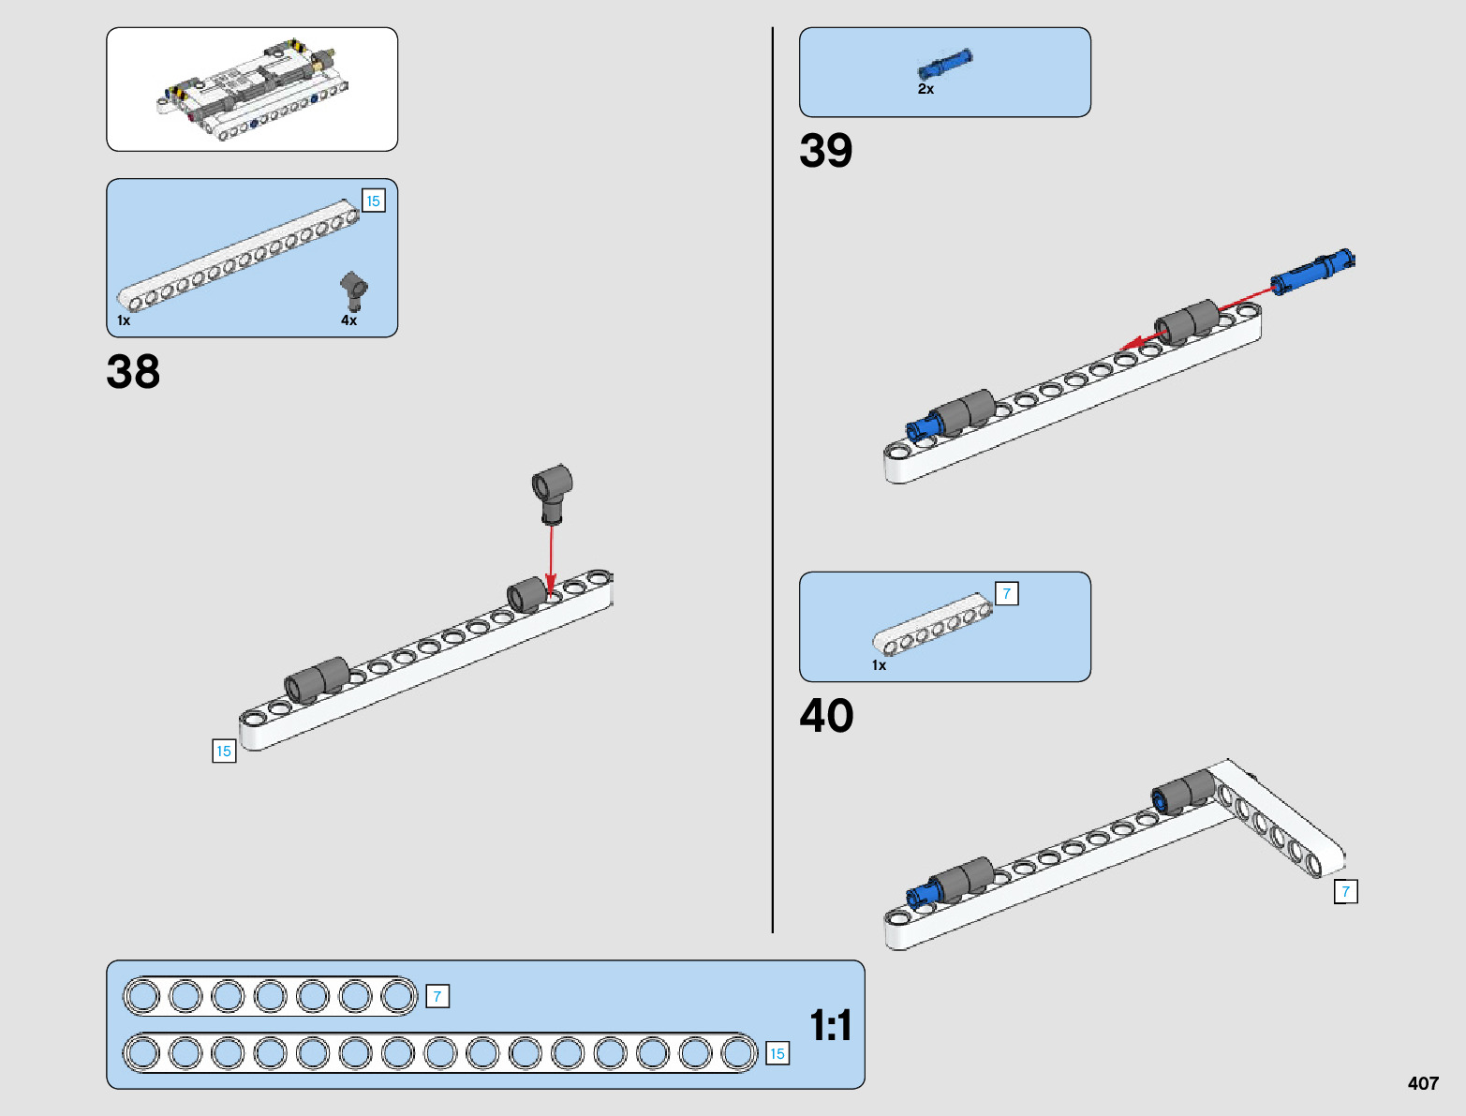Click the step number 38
click(x=133, y=371)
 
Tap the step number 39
click(x=826, y=150)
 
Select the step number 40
click(x=827, y=715)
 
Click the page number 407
click(x=1423, y=1082)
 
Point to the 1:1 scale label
click(x=831, y=1025)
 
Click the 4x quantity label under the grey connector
click(x=348, y=320)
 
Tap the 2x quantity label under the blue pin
click(x=926, y=89)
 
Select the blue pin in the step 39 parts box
click(x=945, y=64)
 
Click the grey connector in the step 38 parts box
click(x=353, y=291)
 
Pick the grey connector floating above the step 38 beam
click(x=553, y=494)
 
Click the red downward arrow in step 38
click(x=550, y=561)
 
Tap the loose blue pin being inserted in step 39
click(x=1311, y=272)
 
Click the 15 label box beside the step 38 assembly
click(x=224, y=751)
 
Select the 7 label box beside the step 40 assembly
click(x=1345, y=892)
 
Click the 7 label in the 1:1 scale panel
click(x=437, y=996)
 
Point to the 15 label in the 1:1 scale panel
click(x=777, y=1054)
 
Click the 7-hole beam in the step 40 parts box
click(x=932, y=624)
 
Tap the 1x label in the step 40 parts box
click(x=879, y=665)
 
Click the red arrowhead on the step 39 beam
click(x=1131, y=344)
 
